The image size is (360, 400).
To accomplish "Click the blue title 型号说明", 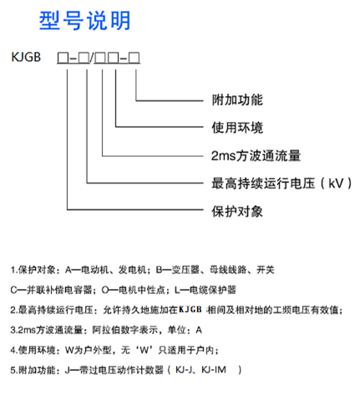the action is tap(84, 20).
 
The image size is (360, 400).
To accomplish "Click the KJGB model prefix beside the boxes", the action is tap(26, 57).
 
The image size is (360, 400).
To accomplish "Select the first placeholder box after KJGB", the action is tap(63, 58).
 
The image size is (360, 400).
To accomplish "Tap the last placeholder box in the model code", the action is tap(134, 58).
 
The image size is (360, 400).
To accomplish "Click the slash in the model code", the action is tap(91, 58).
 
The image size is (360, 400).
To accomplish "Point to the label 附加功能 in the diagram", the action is tap(237, 100).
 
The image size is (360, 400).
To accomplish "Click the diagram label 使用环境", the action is tap(237, 128).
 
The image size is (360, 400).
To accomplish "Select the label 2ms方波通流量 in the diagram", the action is tap(256, 155).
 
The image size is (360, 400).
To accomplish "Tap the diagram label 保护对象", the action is tap(237, 211).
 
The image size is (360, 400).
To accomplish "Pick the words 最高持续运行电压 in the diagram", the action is tap(263, 183).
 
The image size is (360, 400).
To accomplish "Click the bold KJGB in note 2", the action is tap(190, 310).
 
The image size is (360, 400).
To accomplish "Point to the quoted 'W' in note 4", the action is tap(144, 350).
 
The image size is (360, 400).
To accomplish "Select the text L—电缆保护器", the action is tap(205, 290).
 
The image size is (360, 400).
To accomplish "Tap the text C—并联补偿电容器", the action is tap(51, 290).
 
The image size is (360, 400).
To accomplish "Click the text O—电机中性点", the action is tap(134, 290).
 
